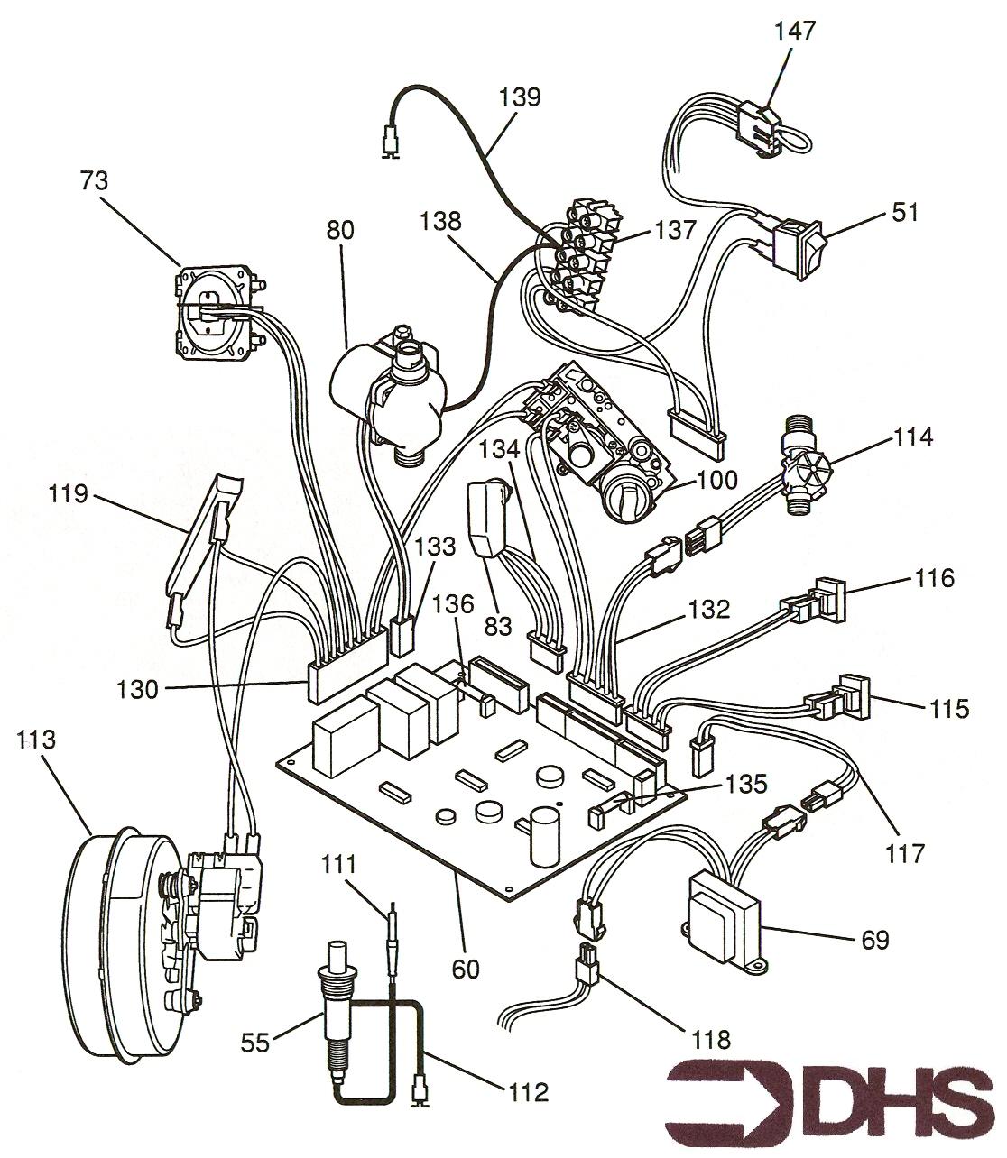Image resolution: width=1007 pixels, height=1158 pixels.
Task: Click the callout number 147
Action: coord(794,31)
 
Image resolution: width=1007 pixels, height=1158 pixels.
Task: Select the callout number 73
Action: coord(94,181)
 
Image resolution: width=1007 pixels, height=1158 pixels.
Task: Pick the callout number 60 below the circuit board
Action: coord(466,970)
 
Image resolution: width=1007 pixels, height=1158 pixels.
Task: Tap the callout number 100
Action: coord(716,480)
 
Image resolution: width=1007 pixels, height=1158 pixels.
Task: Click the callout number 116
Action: coord(934,578)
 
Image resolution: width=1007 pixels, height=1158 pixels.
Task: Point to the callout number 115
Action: coord(949,708)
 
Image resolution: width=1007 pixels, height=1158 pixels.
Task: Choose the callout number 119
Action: coord(68,494)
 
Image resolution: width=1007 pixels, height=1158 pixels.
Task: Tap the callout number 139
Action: coord(520,96)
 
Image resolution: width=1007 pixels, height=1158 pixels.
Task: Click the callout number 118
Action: coord(711,1040)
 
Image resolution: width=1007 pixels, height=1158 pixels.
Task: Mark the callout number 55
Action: coord(255,1043)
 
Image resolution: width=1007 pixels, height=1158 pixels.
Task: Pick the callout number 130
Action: coord(137,690)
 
